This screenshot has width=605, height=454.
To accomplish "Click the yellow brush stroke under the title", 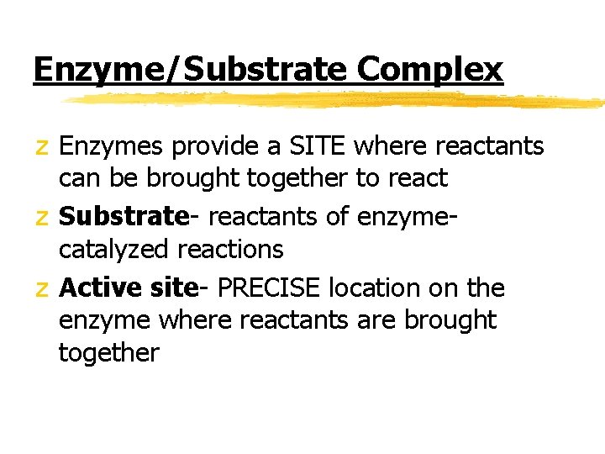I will tap(336, 100).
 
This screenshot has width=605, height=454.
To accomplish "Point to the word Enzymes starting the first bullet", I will tap(112, 147).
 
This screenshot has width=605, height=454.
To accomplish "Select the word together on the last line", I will tap(108, 353).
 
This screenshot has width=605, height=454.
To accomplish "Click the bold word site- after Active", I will tap(176, 288).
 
